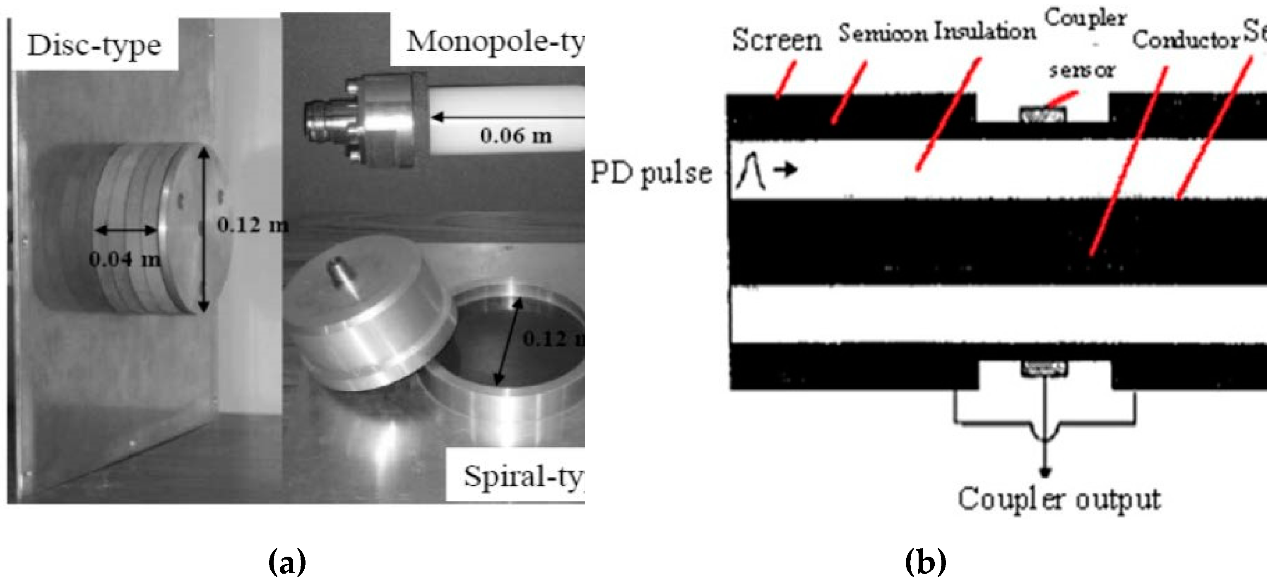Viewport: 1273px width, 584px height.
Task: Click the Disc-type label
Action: (94, 46)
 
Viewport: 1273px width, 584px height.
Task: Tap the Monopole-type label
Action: (494, 41)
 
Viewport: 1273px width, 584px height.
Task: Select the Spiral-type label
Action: (523, 477)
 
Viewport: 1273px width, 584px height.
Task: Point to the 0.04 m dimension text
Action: (125, 259)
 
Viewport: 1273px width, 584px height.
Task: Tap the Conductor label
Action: (1185, 39)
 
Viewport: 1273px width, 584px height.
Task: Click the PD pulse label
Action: (651, 173)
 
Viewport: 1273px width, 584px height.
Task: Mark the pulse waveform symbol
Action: (750, 171)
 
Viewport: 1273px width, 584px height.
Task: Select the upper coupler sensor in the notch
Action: (1043, 115)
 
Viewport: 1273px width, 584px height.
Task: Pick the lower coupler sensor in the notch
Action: (1044, 367)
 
